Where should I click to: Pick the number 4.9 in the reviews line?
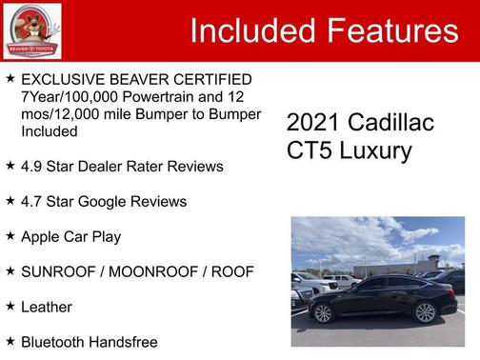point(32,167)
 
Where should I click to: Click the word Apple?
point(42,236)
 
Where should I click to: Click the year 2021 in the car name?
point(310,123)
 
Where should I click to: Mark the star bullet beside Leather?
point(10,306)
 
